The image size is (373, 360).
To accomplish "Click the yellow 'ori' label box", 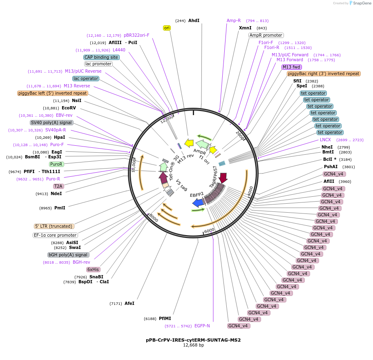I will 167,28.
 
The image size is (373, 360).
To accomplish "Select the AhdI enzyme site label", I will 194,20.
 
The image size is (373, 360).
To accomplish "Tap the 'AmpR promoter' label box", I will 266,35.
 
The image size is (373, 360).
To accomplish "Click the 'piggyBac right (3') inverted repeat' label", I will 324,73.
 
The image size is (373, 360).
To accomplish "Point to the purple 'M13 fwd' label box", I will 292,67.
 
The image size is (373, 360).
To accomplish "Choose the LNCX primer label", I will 325,140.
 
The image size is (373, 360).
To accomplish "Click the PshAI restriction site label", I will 331,167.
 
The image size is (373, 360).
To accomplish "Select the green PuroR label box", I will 56,164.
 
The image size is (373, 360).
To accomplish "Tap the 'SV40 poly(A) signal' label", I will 51,122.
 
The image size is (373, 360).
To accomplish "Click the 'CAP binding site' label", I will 101,57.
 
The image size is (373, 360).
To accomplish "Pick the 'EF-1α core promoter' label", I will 55,235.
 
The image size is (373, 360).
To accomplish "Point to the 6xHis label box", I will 93,269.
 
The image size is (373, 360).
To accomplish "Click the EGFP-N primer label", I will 202,326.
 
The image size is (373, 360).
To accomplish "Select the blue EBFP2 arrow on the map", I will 198,202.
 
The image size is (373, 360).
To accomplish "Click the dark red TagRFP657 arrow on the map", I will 223,178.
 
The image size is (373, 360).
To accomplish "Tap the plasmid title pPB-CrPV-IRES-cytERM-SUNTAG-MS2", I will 193,340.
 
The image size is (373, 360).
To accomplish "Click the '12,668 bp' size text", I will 193,345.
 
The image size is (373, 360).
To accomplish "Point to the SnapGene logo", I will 360,3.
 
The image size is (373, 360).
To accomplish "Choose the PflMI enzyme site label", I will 165,318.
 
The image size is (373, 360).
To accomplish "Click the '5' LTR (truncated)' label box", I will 54,226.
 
